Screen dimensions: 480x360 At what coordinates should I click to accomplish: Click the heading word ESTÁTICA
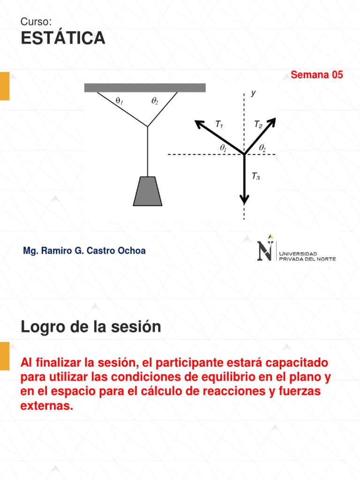[63, 38]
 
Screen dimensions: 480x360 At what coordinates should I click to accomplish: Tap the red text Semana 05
[317, 75]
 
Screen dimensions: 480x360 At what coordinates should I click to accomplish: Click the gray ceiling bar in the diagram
[145, 88]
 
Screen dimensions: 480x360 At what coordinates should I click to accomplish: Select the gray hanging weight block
[148, 191]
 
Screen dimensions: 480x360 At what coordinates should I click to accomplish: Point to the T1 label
[219, 124]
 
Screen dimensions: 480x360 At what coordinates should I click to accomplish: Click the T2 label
[258, 124]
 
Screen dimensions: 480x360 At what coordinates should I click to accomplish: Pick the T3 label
[255, 176]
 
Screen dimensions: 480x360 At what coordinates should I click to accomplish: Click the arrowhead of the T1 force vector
[199, 124]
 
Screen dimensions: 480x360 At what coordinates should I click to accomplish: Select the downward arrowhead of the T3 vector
[244, 199]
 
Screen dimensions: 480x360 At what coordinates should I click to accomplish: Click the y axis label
[253, 93]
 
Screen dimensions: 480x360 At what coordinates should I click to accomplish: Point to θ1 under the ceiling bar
[119, 100]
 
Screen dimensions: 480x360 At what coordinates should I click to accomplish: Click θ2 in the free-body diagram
[262, 148]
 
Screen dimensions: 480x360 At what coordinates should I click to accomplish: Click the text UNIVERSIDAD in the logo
[299, 254]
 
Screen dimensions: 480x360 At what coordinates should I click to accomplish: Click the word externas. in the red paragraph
[47, 406]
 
